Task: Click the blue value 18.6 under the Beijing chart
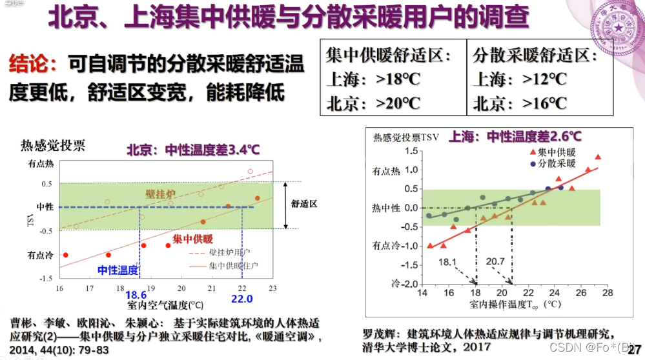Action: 136,295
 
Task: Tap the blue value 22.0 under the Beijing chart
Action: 241,299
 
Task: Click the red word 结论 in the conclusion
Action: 28,64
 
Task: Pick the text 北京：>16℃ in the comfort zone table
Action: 519,103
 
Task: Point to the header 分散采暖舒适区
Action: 533,55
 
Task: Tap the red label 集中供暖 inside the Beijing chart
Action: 192,239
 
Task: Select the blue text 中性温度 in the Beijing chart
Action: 118,270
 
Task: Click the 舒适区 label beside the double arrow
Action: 304,204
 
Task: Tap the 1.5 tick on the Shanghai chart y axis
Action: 410,151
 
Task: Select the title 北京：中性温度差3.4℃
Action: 192,150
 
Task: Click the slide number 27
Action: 633,348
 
